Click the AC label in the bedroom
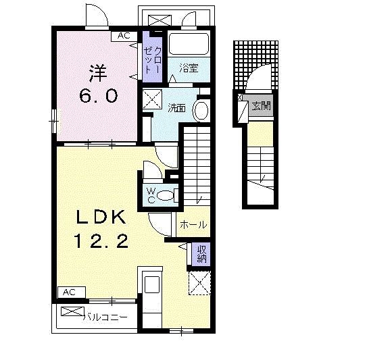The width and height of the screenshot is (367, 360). tap(124, 36)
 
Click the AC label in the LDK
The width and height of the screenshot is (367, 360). tap(70, 292)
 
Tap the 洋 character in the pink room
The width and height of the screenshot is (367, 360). tap(97, 73)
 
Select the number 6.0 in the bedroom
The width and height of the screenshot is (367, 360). tap(98, 96)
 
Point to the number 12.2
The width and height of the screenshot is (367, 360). tap(101, 241)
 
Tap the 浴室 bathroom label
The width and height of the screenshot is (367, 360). tap(189, 68)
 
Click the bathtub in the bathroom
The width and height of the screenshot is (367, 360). tap(189, 44)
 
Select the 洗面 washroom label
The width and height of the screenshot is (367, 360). tap(177, 108)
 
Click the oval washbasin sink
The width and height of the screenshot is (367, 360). tap(201, 111)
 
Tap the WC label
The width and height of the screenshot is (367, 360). tap(151, 196)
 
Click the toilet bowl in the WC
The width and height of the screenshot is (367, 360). tap(167, 195)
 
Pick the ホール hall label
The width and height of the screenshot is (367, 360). tap(193, 225)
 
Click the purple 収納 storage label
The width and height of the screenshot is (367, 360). tap(201, 255)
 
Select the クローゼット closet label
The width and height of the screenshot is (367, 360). tap(153, 59)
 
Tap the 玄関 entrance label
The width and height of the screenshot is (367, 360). tap(261, 105)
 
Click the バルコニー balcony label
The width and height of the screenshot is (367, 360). tap(105, 317)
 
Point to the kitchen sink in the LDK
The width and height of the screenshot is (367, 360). tap(152, 284)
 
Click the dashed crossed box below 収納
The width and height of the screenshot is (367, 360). tap(199, 283)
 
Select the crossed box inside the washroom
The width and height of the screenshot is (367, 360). tap(152, 99)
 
